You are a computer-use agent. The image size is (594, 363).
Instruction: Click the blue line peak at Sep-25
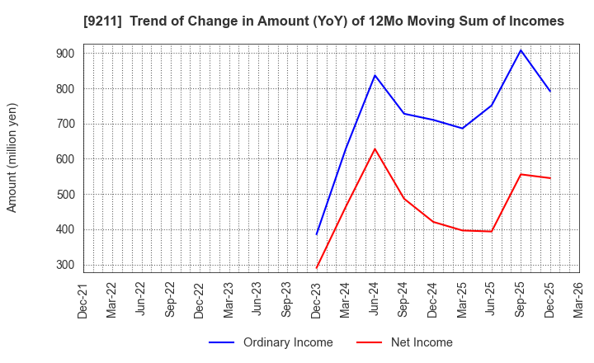tap(521, 50)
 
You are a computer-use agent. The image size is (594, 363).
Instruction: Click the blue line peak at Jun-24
tap(375, 75)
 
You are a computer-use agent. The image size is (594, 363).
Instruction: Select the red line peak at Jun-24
tap(375, 148)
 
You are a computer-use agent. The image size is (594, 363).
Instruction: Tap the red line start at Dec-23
tap(316, 268)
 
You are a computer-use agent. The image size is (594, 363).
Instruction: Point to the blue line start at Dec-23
tap(316, 234)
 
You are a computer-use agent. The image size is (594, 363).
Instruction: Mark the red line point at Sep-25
tap(521, 174)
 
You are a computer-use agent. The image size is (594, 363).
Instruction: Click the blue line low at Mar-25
tap(462, 128)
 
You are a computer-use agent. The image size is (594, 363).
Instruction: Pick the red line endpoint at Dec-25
tap(550, 178)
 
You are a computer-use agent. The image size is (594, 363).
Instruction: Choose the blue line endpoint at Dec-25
tap(550, 92)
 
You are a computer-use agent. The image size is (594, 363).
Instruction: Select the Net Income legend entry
tap(422, 342)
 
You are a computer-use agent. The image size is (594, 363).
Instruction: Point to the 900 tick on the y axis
tap(65, 54)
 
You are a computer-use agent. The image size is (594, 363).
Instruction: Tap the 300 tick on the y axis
tap(65, 265)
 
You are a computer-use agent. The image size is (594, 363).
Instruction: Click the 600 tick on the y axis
tap(65, 159)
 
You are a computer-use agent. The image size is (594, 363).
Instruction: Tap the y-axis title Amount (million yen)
tap(12, 158)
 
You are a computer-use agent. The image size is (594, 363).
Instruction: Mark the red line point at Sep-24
tap(404, 198)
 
